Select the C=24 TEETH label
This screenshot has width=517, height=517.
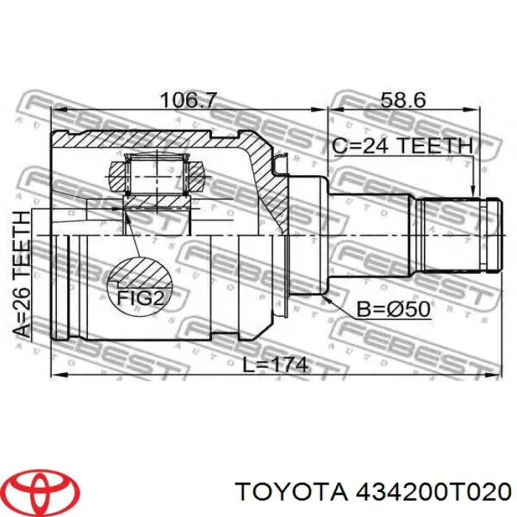point(402,145)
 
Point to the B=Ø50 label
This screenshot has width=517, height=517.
point(392,309)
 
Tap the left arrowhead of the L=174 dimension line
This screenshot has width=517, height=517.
point(55,374)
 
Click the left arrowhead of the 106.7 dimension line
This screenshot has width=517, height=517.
point(55,111)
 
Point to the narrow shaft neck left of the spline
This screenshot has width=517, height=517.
point(369,235)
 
